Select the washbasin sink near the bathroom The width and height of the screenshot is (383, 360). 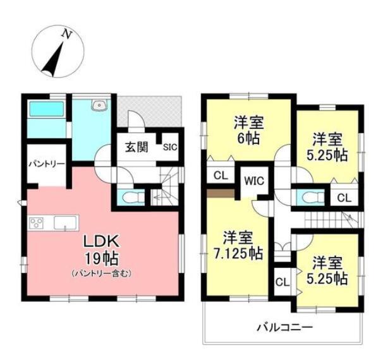pos(98,107)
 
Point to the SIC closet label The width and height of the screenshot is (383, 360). pos(171,148)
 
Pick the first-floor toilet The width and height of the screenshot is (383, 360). pos(130,198)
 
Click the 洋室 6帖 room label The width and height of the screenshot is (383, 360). pos(248,129)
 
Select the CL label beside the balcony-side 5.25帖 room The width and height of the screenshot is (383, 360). pos(281,279)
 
